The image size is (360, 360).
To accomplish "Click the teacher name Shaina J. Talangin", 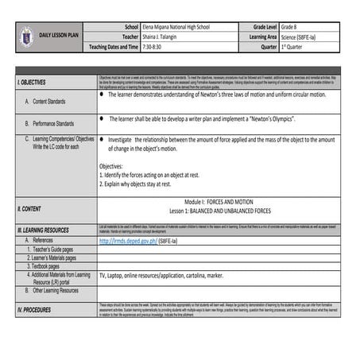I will pos(162,37).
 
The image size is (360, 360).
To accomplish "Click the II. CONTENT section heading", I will pos(29,208).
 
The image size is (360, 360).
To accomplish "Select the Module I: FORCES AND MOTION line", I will pos(223,203).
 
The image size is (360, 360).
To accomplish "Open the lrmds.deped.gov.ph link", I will pos(126,239).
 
